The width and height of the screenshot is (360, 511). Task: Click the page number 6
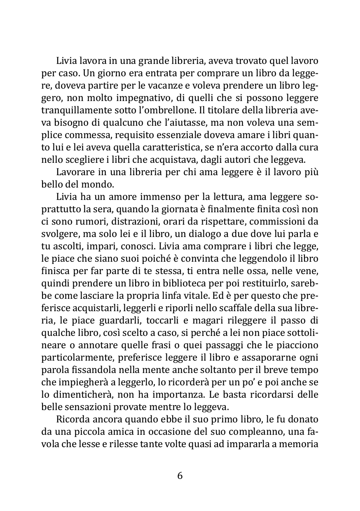click(180, 476)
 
